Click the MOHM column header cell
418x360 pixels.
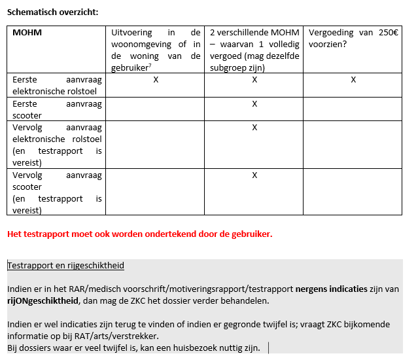pyautogui.click(x=27, y=32)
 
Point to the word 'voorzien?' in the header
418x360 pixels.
pyautogui.click(x=327, y=45)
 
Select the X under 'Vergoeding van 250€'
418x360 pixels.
pyautogui.click(x=353, y=79)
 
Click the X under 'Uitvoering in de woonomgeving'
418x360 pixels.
pyautogui.click(x=156, y=79)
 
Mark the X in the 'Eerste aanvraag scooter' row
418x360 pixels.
pyautogui.click(x=254, y=103)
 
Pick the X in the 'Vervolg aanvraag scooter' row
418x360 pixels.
pyautogui.click(x=254, y=175)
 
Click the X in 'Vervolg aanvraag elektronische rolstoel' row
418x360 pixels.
pyautogui.click(x=254, y=127)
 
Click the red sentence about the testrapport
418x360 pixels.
pyautogui.click(x=139, y=234)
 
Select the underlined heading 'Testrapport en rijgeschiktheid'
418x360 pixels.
pyautogui.click(x=65, y=265)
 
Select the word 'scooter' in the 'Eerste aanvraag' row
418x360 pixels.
pyautogui.click(x=26, y=115)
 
